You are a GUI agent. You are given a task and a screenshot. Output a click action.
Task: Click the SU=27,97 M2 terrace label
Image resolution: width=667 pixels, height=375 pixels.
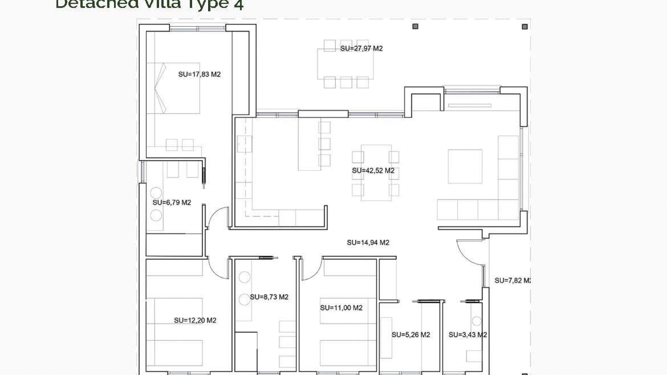coord(361,49)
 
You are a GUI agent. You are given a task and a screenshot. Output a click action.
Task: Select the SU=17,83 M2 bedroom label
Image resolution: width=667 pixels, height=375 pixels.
coord(199,74)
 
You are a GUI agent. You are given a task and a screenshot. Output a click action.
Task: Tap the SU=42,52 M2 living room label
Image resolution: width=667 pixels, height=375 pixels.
coord(373,171)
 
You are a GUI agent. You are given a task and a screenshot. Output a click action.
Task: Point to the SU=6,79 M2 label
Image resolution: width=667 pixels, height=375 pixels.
coord(172,202)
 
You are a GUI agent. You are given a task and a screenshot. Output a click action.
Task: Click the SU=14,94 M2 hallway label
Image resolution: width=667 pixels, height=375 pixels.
coord(368,243)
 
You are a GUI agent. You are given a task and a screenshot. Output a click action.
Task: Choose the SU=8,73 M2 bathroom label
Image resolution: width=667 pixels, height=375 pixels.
coord(269,297)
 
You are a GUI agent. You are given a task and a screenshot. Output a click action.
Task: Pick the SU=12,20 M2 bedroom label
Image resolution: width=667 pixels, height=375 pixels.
coord(195,320)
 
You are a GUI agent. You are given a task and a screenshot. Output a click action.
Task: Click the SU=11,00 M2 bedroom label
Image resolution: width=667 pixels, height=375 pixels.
coord(341,308)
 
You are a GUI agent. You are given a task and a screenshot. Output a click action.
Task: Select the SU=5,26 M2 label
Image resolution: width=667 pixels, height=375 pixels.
coord(411,335)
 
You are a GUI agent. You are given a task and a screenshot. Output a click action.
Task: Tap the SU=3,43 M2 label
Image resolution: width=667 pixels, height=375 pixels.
coord(468,335)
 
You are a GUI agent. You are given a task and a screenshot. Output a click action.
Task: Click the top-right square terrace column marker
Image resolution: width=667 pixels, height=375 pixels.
coord(525,27)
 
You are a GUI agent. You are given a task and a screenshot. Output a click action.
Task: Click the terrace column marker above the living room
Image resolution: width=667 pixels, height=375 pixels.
coord(415,26)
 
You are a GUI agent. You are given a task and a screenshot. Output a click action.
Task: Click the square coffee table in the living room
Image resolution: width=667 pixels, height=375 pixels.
coord(465,166)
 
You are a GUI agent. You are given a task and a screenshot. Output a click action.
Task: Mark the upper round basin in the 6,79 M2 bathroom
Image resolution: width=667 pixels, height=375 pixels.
coord(156,193)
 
